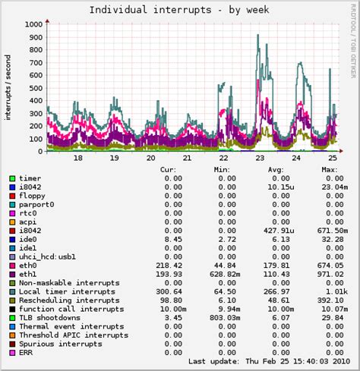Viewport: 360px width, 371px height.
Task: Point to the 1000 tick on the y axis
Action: click(33, 24)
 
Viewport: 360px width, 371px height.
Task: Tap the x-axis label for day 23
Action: click(261, 158)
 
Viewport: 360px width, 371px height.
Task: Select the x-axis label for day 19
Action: click(114, 158)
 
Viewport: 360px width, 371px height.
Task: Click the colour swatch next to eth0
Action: click(12, 266)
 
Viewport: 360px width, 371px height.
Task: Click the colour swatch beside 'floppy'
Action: click(12, 196)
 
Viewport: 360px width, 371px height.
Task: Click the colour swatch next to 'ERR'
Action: click(12, 353)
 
